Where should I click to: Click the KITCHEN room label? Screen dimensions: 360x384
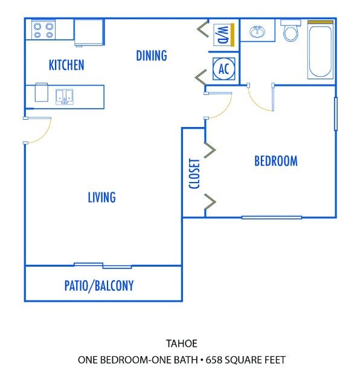tap(66, 65)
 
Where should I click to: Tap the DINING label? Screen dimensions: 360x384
tap(152, 56)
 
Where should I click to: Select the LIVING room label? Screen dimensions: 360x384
tap(101, 197)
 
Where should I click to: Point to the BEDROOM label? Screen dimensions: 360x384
tap(276, 161)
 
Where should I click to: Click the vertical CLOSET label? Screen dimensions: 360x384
tap(194, 174)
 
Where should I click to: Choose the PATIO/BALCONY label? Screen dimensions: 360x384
tap(99, 286)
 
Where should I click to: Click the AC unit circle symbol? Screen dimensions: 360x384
tap(223, 69)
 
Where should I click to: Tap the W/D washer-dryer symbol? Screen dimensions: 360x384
tap(224, 35)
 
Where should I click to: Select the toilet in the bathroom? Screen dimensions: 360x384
tap(291, 31)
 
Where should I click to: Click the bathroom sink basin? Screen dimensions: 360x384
tap(257, 31)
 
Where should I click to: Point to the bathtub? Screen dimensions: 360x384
tap(320, 50)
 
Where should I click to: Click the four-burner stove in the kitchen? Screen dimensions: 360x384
tap(43, 30)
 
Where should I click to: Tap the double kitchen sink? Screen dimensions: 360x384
tap(64, 97)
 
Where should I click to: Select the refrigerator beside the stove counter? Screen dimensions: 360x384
tap(89, 32)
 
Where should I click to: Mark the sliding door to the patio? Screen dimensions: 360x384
tap(103, 265)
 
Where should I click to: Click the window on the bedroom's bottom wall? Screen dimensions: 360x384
tap(272, 218)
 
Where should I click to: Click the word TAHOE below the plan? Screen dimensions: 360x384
tap(182, 343)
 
